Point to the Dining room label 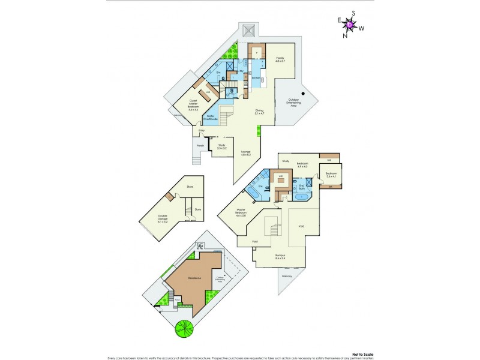point(259,112)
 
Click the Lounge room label point(246,153)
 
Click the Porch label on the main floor point(200,145)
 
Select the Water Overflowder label point(211,118)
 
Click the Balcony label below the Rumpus point(287,276)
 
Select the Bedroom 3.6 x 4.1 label point(332,175)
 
